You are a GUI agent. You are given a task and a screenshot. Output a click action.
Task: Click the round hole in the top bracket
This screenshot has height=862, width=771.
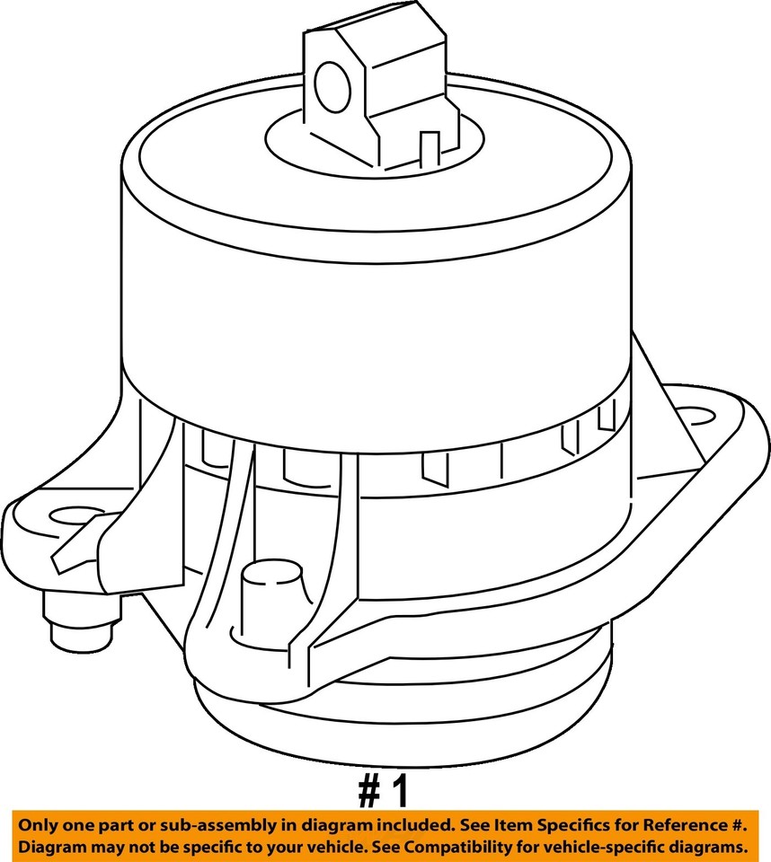(x=332, y=87)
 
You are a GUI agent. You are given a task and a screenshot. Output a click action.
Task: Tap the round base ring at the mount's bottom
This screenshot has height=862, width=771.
(x=404, y=718)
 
